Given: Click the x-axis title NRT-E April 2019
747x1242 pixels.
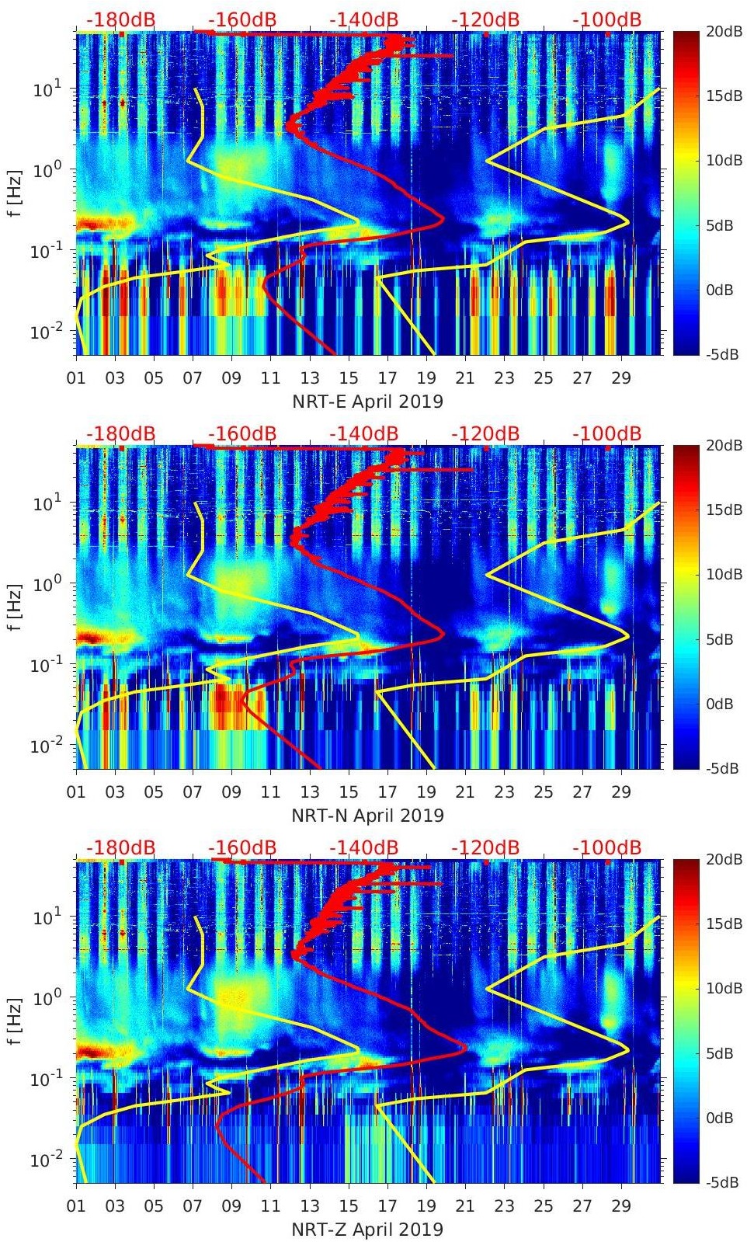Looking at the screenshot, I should click(367, 402).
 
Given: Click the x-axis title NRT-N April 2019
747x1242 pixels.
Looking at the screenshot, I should click(367, 816).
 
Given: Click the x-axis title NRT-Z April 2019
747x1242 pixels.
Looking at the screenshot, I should click(367, 1230).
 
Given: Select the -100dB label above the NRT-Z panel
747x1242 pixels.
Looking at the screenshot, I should click(607, 847).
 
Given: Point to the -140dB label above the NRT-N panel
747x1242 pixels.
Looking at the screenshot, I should click(364, 433).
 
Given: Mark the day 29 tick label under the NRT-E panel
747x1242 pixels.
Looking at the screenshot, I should click(621, 379).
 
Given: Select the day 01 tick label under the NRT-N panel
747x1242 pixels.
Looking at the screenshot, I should click(76, 793).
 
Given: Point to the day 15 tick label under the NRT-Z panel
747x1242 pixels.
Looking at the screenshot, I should click(349, 1207).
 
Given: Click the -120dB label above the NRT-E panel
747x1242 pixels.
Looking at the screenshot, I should click(485, 19).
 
